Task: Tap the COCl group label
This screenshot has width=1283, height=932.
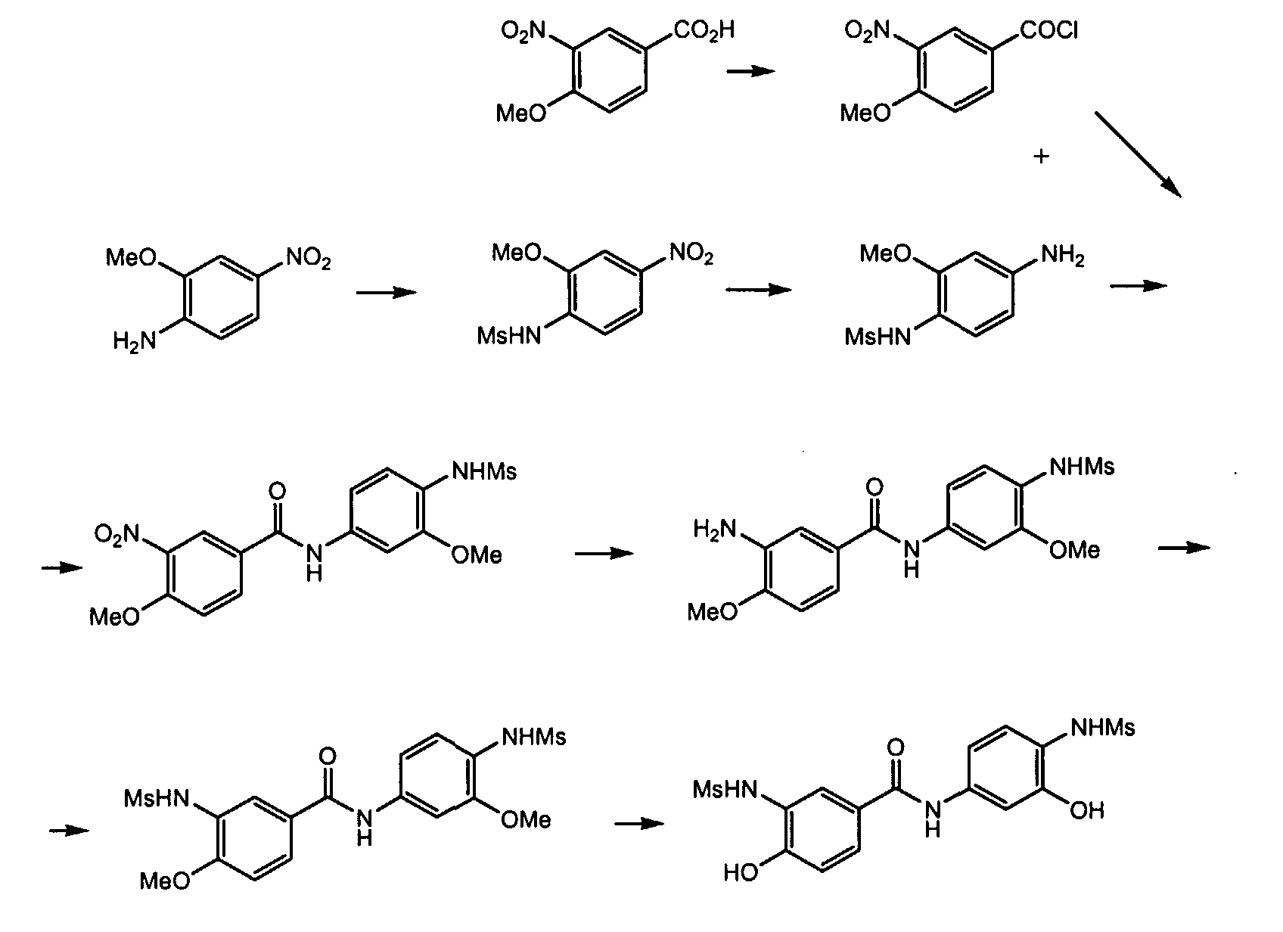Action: [x=1049, y=32]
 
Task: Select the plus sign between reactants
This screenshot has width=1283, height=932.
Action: [x=1042, y=157]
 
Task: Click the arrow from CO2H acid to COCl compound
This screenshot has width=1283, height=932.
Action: [x=750, y=71]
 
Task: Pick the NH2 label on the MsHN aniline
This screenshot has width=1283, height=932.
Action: [x=1063, y=257]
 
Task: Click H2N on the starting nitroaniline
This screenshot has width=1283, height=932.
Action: [x=134, y=342]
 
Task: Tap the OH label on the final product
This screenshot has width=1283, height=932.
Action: [x=1087, y=812]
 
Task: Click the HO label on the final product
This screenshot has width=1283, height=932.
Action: [x=741, y=874]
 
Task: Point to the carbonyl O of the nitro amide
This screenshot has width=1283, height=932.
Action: [x=278, y=492]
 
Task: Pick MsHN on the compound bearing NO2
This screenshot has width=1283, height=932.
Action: [x=509, y=336]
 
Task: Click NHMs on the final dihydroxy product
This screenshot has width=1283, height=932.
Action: [x=1103, y=729]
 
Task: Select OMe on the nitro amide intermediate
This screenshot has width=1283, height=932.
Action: [x=477, y=556]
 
